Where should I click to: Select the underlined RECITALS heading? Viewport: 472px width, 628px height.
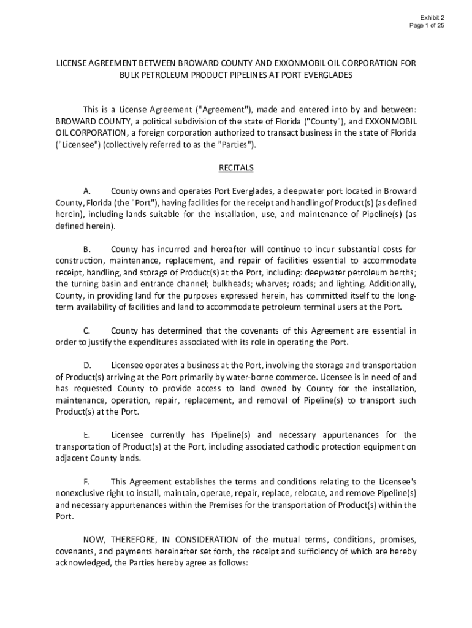coord(236,167)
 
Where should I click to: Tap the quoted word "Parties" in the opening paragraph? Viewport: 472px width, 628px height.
coord(234,145)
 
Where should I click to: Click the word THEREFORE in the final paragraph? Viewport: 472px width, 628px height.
coord(134,540)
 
